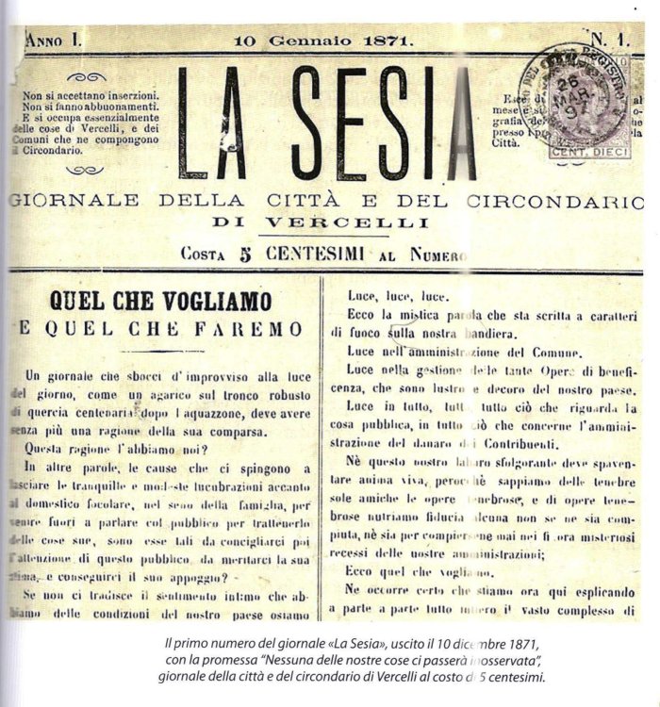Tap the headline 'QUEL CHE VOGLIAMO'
162,303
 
